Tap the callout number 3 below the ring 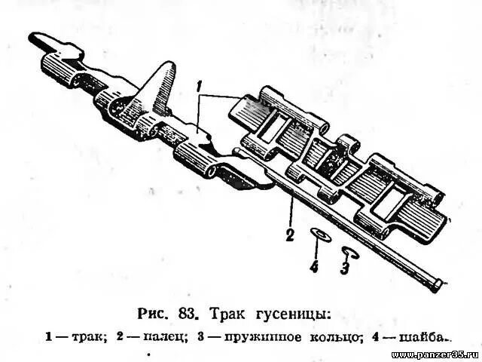tap(345, 266)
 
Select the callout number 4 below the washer tap(314, 265)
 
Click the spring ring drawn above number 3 tap(349, 250)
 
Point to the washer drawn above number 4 tap(319, 235)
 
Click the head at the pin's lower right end tap(436, 284)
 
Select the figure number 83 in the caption tap(189, 311)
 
